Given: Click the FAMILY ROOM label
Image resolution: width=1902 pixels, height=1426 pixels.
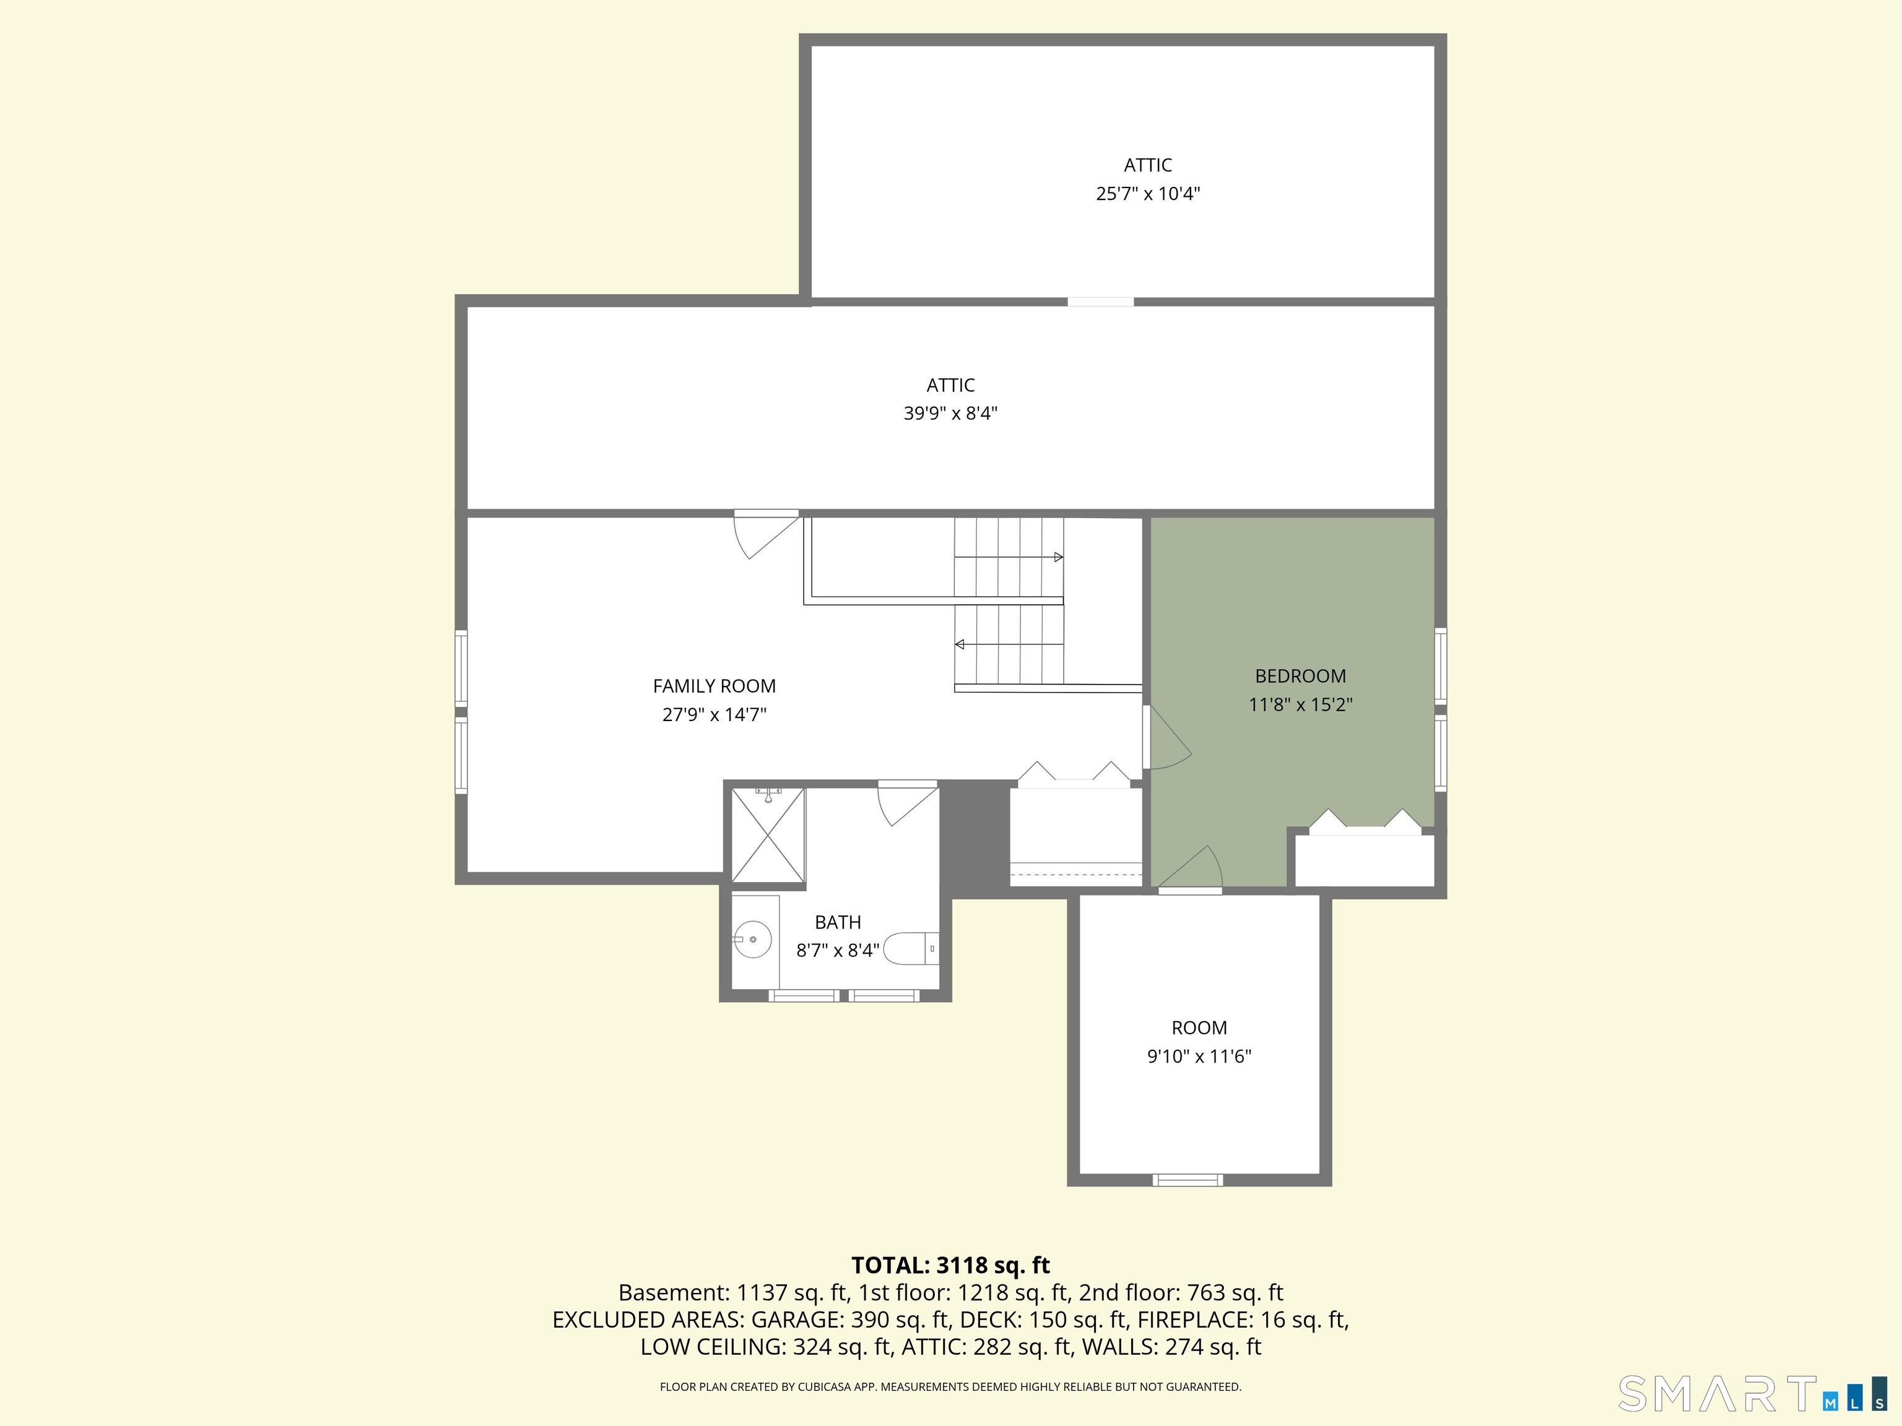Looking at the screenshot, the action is click(x=714, y=686).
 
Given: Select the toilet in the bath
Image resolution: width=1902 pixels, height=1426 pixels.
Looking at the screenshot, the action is click(x=911, y=949).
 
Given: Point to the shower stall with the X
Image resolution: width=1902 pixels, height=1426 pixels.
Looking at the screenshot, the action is click(x=768, y=835).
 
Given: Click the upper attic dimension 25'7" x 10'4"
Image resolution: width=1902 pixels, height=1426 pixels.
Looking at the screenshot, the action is click(x=1147, y=193).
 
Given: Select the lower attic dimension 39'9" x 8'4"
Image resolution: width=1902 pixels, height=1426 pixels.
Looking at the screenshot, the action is click(x=950, y=413).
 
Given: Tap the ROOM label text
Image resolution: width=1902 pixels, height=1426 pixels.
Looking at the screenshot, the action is click(x=1199, y=1028).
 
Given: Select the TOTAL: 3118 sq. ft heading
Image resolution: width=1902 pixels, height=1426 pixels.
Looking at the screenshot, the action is click(x=950, y=1265).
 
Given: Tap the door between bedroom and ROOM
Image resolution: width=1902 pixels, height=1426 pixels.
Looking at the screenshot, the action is click(x=1191, y=868).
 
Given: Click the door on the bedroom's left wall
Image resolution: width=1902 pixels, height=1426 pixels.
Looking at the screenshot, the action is click(x=1167, y=738).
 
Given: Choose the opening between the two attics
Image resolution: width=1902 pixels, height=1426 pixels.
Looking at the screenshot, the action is click(x=1101, y=301).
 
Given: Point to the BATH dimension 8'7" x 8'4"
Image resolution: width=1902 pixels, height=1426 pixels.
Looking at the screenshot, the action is click(x=838, y=951).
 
